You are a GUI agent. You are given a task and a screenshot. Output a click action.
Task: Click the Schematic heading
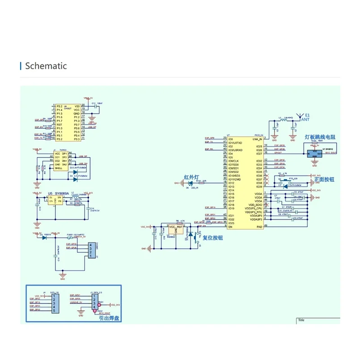point(46,66)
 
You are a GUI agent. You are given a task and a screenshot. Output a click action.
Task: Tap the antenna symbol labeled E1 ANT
point(301,116)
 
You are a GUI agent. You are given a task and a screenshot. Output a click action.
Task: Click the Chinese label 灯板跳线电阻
point(320,137)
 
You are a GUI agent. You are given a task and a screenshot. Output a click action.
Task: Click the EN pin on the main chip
point(230,227)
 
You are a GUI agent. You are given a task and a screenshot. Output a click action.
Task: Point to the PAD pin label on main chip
point(259,227)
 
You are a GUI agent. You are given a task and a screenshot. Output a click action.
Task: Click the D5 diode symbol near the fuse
point(44,237)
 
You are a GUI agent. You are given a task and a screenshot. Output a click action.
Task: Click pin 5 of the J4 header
point(54,311)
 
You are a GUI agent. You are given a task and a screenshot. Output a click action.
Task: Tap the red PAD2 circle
point(94,310)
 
